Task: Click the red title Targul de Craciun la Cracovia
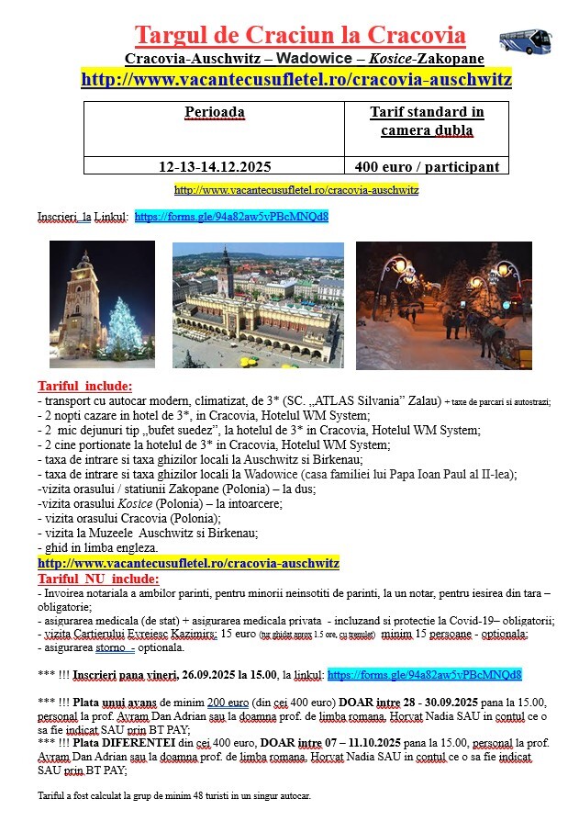(x=300, y=36)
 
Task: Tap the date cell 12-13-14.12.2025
(x=214, y=166)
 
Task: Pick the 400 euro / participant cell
(x=427, y=166)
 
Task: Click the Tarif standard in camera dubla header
(x=427, y=121)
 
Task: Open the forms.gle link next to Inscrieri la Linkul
(x=230, y=217)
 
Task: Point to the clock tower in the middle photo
(x=225, y=274)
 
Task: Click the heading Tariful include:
(x=84, y=386)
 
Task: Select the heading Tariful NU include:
(x=97, y=579)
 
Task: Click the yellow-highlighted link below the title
(x=295, y=79)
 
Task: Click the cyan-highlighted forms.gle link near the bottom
(x=424, y=675)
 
